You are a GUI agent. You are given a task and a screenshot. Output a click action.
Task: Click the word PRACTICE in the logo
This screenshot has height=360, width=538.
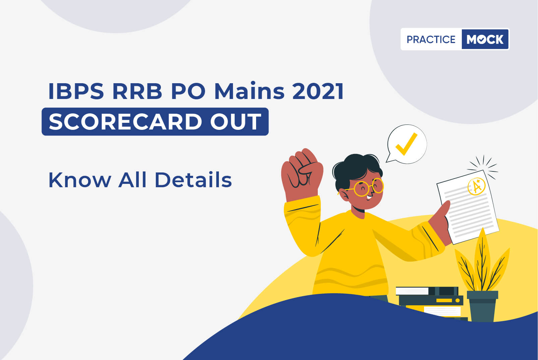[431, 39]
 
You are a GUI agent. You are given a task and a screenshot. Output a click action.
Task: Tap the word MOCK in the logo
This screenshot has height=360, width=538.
[485, 39]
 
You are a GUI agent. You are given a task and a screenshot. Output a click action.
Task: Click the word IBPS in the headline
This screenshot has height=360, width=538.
[76, 91]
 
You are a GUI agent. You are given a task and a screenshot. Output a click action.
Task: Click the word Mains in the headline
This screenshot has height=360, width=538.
[249, 91]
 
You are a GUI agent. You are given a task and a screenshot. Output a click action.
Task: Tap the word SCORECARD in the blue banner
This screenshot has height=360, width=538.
[125, 121]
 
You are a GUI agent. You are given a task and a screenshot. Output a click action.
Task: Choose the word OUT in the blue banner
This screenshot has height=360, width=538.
[236, 121]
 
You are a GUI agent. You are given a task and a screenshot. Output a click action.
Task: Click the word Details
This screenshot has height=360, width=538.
[193, 179]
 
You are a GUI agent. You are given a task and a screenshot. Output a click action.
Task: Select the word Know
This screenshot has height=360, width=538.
[80, 180]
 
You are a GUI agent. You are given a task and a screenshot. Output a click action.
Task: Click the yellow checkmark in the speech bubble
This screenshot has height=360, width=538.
[406, 144]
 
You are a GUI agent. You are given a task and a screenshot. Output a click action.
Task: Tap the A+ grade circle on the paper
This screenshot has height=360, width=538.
[477, 186]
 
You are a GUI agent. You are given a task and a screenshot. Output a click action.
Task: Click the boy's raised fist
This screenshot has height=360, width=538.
[302, 173]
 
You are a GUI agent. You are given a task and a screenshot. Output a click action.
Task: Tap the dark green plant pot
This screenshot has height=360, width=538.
[482, 306]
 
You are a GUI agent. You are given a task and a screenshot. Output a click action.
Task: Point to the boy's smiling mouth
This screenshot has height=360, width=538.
[369, 197]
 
